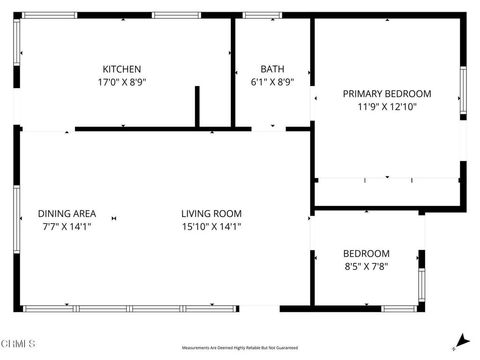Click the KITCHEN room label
point(119,69)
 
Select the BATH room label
point(272,69)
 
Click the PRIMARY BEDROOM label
point(387,93)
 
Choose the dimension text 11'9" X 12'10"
point(387,106)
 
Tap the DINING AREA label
point(67,213)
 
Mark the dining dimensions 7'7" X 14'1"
point(67,226)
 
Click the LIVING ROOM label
point(211,213)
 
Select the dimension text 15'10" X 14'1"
point(211,226)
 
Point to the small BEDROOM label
point(366,253)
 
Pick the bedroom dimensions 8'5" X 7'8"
point(366,266)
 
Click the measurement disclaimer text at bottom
point(239,348)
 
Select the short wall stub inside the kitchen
point(197,107)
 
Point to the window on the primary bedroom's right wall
point(462,87)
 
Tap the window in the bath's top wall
point(262,15)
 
